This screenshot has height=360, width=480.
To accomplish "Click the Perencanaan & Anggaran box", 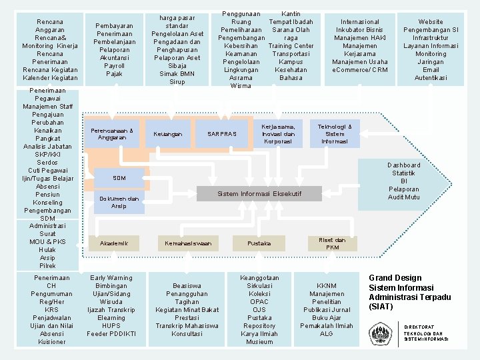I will [x=111, y=134].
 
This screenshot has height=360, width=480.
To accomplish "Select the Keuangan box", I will [x=167, y=134].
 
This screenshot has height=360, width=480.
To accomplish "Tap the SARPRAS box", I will [x=221, y=134].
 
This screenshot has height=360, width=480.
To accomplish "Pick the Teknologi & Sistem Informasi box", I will [x=335, y=133].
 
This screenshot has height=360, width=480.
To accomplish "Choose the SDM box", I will [x=119, y=178].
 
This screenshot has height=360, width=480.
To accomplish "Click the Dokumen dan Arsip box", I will [x=119, y=202].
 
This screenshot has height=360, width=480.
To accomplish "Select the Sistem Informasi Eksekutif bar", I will [x=259, y=193].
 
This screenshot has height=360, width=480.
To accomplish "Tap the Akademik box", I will [x=114, y=243].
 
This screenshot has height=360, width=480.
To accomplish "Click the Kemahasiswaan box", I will [x=188, y=243].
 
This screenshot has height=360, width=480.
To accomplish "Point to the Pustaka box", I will [x=259, y=243].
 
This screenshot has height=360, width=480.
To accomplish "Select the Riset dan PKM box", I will [x=332, y=243].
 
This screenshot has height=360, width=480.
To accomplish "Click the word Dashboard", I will [x=404, y=165].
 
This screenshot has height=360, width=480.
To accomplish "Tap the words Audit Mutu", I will [x=404, y=197].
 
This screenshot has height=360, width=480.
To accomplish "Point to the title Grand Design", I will [x=395, y=278].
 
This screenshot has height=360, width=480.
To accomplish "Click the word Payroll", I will [x=115, y=66].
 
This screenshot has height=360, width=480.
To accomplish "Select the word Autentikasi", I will [x=431, y=78].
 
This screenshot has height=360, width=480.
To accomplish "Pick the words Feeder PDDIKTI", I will [x=111, y=333].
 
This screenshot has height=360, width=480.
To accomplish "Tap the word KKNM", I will [x=327, y=285].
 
